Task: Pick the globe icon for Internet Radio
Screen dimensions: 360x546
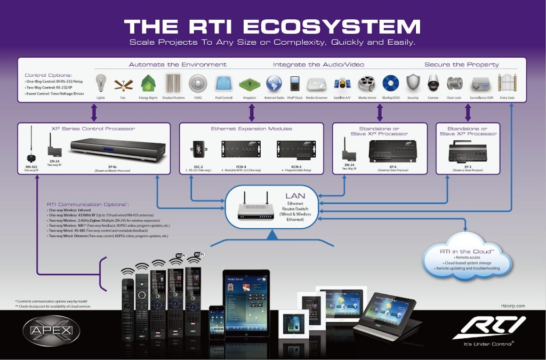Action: click(274, 84)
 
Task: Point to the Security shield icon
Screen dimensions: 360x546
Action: click(413, 83)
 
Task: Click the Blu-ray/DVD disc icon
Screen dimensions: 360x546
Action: click(390, 84)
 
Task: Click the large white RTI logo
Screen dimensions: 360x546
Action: click(489, 326)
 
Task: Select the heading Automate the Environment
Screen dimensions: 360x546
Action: click(178, 65)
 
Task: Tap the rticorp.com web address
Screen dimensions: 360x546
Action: click(513, 306)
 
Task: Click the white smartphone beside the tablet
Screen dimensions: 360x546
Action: click(215, 321)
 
